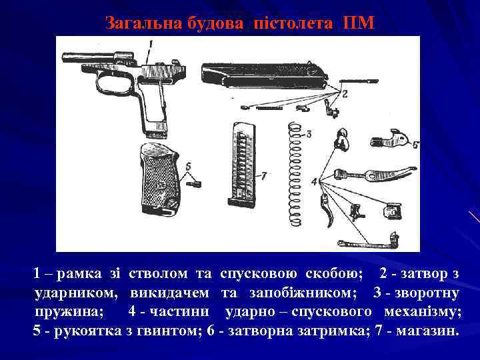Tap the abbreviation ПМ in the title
(x=360, y=24)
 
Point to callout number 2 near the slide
(x=345, y=94)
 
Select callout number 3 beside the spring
(x=309, y=134)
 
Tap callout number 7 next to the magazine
(x=264, y=176)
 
